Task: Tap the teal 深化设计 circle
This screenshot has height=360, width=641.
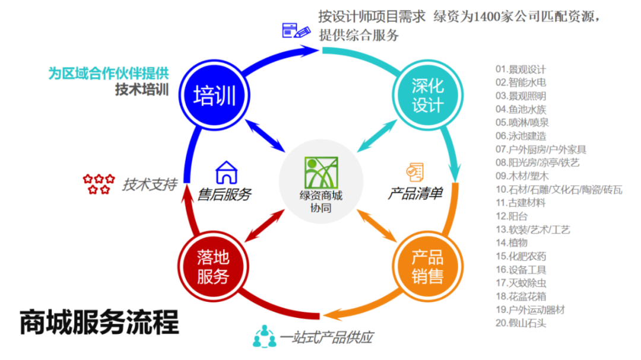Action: [x=427, y=95]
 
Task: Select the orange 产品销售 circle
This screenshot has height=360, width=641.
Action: [x=427, y=266]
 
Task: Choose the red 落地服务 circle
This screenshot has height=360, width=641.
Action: [x=212, y=266]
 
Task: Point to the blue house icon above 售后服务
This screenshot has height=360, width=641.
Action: [x=227, y=173]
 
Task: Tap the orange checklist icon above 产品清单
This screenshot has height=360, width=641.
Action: [x=415, y=171]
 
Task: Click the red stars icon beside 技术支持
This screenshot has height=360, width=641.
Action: [x=99, y=184]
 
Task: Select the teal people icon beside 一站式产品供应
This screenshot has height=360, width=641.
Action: [x=264, y=337]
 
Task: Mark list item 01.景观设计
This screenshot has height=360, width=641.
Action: [x=521, y=69]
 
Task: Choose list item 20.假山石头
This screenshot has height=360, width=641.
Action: [x=521, y=323]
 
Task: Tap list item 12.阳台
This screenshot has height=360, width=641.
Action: [x=510, y=216]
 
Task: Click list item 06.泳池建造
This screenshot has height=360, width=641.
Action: [x=521, y=136]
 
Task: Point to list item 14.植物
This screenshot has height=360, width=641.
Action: [x=511, y=243]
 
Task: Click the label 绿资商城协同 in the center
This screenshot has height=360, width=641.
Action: [x=320, y=202]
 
